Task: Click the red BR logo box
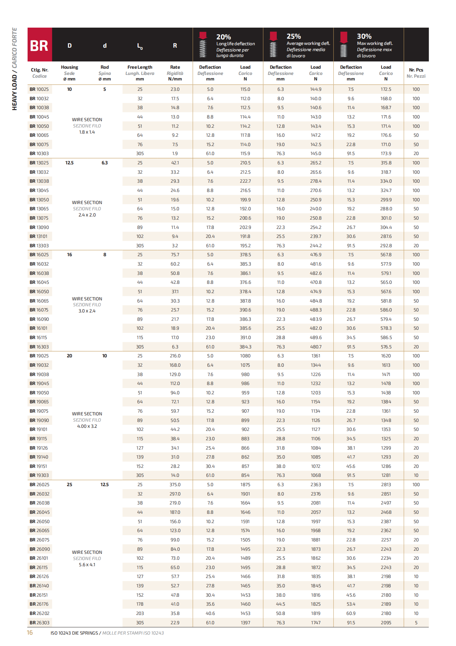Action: [40, 45]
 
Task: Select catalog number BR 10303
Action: [39, 154]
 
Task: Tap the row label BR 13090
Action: [39, 227]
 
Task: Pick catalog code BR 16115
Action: [38, 338]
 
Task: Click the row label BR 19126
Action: [39, 448]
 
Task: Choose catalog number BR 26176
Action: [39, 604]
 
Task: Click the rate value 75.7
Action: [175, 255]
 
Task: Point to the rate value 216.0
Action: [175, 356]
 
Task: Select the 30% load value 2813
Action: [386, 485]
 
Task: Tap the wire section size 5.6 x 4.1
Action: [87, 565]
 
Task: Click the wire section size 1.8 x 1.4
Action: [87, 132]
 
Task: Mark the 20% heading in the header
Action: [223, 37]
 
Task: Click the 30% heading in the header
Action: [364, 36]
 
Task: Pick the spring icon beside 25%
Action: [273, 45]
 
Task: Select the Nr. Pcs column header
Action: [416, 73]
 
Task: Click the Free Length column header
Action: [140, 67]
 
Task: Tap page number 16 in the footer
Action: [30, 633]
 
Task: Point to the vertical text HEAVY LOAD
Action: [14, 93]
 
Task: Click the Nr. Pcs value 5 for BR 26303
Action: [416, 623]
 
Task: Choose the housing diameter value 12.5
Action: [69, 163]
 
